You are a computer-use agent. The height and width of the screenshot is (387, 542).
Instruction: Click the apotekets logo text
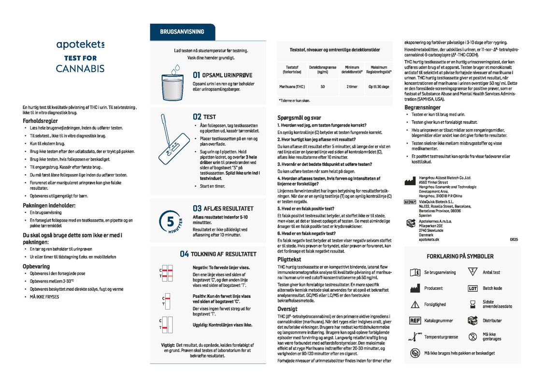click(80, 45)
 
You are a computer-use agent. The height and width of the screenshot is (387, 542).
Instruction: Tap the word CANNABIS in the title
click(80, 68)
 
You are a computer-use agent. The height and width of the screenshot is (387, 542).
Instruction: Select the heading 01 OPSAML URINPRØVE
click(223, 75)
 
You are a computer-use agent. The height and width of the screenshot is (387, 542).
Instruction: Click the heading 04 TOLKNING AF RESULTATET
click(218, 254)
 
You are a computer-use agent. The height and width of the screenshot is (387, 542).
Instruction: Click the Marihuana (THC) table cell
click(292, 87)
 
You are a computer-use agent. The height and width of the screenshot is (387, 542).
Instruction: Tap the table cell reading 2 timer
click(352, 87)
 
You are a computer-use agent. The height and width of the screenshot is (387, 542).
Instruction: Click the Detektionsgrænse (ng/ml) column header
click(322, 70)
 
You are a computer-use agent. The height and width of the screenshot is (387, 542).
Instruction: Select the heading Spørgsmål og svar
click(299, 118)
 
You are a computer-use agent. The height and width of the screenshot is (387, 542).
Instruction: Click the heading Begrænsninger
click(422, 107)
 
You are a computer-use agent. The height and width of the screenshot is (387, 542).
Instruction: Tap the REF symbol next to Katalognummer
click(414, 320)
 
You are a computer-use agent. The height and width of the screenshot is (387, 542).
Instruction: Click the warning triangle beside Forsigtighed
click(414, 305)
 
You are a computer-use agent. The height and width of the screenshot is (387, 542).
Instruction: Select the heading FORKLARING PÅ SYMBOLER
click(459, 256)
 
